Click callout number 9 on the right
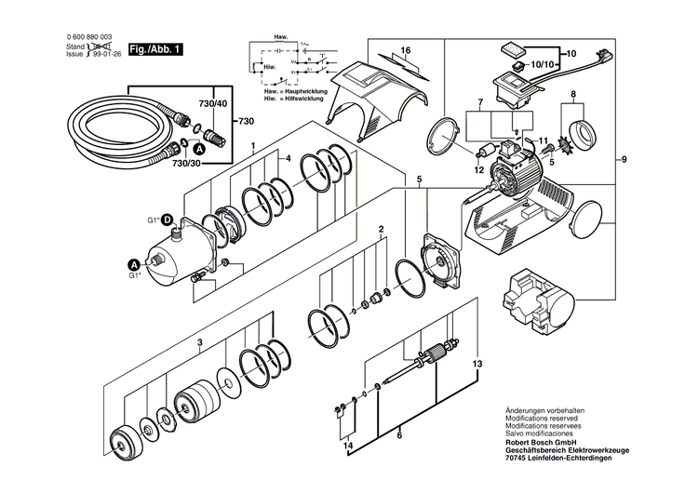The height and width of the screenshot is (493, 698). pyautogui.click(x=624, y=161)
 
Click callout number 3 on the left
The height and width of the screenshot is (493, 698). pyautogui.click(x=199, y=342)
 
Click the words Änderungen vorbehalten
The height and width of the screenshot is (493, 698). pyautogui.click(x=544, y=410)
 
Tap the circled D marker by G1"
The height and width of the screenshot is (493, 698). pyautogui.click(x=169, y=220)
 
